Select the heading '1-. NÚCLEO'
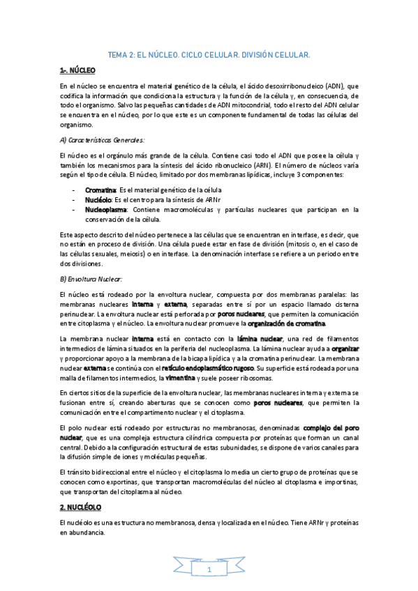(77, 70)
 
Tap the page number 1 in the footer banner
(208, 570)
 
